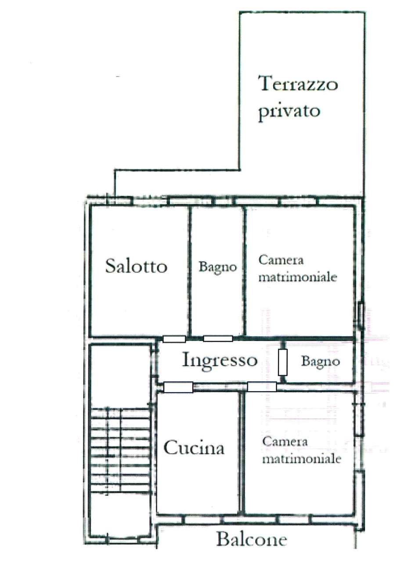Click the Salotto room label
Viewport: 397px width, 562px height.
136,266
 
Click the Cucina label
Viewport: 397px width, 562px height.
194,448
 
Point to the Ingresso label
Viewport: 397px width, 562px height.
220,360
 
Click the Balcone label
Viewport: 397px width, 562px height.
252,539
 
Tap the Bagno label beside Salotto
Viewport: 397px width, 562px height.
218,267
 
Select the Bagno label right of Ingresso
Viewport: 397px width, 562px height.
320,362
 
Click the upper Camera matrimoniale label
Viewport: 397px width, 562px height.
297,269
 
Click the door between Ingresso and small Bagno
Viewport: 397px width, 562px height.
282,362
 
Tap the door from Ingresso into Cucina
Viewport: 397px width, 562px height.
178,387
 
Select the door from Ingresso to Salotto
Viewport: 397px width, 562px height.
174,339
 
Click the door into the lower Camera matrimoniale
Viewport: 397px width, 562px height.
262,387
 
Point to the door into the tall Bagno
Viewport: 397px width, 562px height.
218,339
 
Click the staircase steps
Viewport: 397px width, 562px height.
119,452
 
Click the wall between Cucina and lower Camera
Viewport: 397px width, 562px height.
241,452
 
